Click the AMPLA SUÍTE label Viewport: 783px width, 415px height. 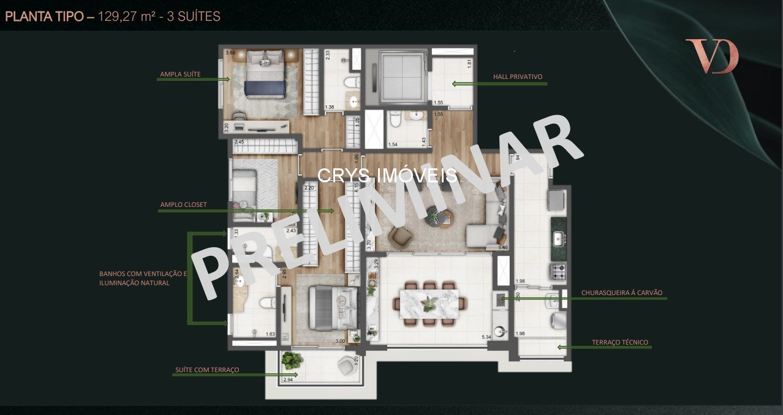coord(180,75)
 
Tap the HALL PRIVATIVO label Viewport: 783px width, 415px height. coord(518,77)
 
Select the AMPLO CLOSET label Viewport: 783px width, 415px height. coord(184,205)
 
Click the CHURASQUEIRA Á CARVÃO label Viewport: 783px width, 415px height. coord(622,293)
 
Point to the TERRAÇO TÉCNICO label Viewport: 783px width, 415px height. coord(620,343)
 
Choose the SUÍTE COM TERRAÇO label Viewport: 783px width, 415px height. coord(207,370)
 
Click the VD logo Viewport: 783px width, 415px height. coord(712,56)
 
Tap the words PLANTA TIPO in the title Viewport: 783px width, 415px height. coord(45,17)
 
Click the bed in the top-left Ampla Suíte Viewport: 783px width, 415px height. coord(265,78)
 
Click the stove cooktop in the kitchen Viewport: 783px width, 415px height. coord(558,271)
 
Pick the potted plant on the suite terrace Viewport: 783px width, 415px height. coord(292,361)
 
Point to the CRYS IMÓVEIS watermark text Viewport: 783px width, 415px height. coord(387,176)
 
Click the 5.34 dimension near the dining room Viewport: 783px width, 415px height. coord(487,337)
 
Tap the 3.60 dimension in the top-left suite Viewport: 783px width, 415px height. coord(230,53)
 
